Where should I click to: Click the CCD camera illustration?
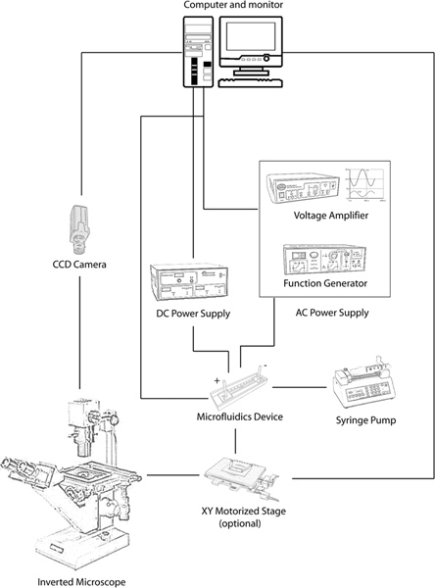tap(79, 228)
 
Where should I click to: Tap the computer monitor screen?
tap(251, 36)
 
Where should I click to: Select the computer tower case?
tap(198, 52)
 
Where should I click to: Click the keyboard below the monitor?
tap(250, 82)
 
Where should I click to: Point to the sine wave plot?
tap(365, 184)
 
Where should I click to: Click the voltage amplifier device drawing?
tap(303, 188)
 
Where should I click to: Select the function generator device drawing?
tap(324, 260)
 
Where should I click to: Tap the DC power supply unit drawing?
tap(189, 282)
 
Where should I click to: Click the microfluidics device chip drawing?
tap(239, 387)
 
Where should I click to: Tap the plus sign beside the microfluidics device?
tap(217, 381)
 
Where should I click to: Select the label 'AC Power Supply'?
tap(332, 313)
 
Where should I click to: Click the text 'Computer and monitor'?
tap(233, 5)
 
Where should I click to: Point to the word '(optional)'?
tap(240, 523)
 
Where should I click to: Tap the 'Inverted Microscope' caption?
tap(81, 582)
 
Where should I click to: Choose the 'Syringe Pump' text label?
tap(365, 420)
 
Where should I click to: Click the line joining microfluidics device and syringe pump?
tap(299, 387)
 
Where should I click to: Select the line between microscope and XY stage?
tap(172, 475)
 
